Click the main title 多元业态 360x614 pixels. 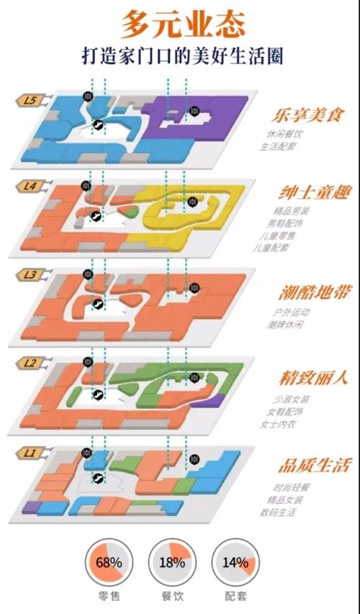pyautogui.click(x=181, y=24)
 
